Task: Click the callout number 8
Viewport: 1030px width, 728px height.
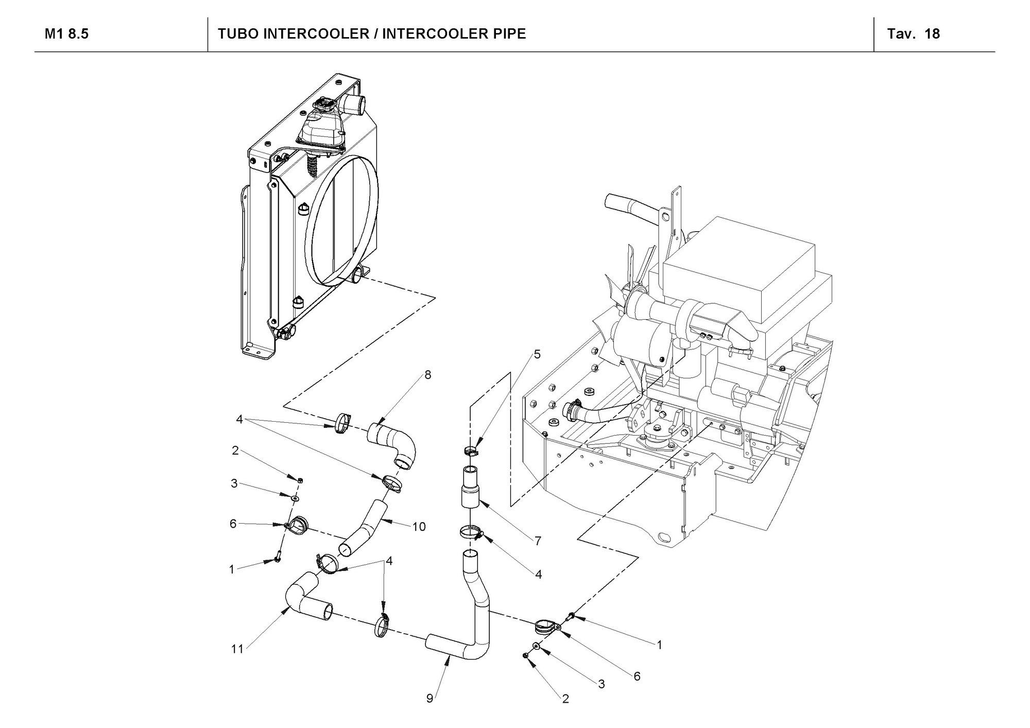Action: (x=427, y=375)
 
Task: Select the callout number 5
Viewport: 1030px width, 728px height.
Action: (x=537, y=354)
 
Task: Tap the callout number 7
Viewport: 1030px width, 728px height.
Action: (x=538, y=541)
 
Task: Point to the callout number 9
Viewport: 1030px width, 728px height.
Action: (x=430, y=698)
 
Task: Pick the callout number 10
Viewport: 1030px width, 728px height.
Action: (x=419, y=527)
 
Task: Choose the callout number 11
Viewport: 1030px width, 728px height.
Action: (x=237, y=649)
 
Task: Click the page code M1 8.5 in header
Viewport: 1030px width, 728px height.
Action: (x=66, y=34)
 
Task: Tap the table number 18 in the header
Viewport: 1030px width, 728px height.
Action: (x=932, y=34)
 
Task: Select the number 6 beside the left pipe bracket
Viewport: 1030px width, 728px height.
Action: (x=233, y=524)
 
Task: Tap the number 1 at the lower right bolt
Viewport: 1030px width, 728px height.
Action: (x=659, y=644)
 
